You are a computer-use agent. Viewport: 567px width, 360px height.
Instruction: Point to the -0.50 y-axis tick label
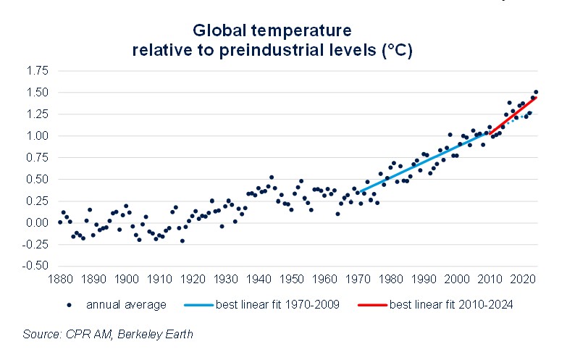(36, 265)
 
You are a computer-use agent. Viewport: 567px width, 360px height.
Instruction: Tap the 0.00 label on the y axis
(38, 222)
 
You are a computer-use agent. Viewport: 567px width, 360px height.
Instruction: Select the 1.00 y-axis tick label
(38, 135)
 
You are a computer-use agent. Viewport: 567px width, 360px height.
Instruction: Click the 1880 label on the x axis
(61, 278)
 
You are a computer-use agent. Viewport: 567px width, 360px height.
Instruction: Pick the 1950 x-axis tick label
(292, 278)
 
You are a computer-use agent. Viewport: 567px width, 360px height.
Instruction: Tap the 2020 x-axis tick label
(522, 278)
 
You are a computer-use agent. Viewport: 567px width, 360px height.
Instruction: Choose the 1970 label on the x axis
(358, 278)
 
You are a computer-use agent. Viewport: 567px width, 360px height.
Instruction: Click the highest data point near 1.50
(535, 92)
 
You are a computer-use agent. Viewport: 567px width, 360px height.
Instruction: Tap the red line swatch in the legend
(372, 305)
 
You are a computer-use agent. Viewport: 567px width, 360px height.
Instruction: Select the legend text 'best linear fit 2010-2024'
(451, 305)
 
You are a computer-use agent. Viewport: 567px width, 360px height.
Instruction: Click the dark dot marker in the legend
(69, 305)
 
